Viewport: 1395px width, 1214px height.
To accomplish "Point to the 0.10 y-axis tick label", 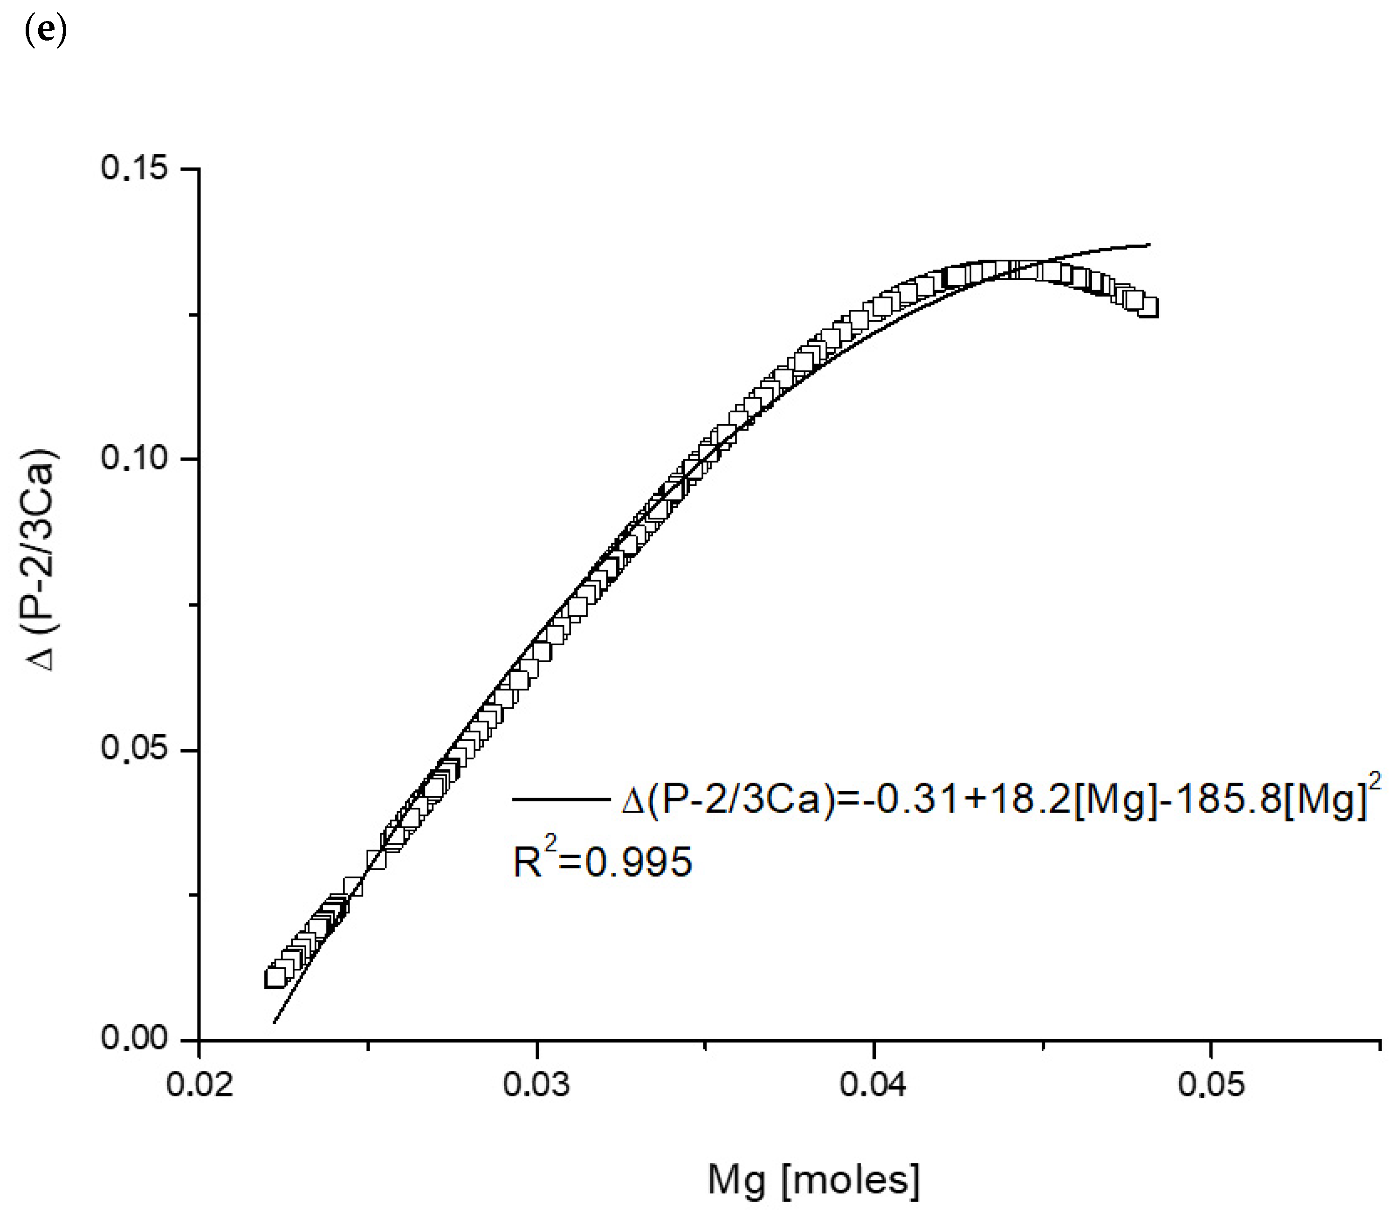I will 135,459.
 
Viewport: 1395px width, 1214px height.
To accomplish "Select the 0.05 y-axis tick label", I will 135,750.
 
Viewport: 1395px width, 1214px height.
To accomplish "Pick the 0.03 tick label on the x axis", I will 536,1084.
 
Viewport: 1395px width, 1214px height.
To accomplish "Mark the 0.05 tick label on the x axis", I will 1211,1084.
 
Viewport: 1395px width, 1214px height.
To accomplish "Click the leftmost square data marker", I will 275,978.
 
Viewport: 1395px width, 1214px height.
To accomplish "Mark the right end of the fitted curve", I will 1149,245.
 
